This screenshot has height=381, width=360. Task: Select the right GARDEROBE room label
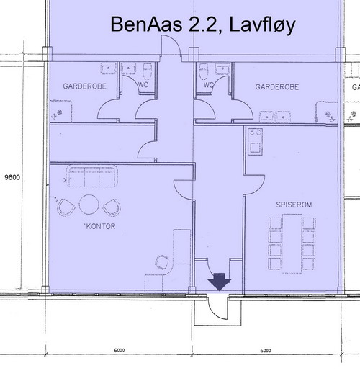pyautogui.click(x=276, y=86)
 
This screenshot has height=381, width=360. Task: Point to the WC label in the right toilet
pyautogui.click(x=209, y=85)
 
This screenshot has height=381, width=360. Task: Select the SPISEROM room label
pyautogui.click(x=292, y=205)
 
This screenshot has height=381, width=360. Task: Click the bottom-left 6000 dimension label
pyautogui.click(x=119, y=351)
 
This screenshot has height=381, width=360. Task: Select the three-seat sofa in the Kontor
pyautogui.click(x=93, y=175)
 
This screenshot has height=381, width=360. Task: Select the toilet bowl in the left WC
pyautogui.click(x=148, y=70)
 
